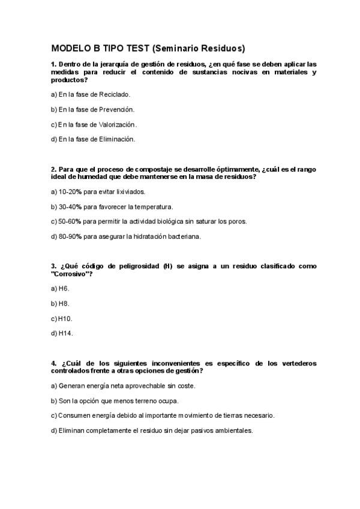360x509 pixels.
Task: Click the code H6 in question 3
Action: click(x=64, y=288)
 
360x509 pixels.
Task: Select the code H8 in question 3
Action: click(x=64, y=303)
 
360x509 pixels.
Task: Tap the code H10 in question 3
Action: click(x=66, y=318)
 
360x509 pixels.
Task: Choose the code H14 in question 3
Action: click(x=66, y=333)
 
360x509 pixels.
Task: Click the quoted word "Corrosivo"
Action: click(x=72, y=273)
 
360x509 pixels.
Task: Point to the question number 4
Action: click(x=53, y=363)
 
